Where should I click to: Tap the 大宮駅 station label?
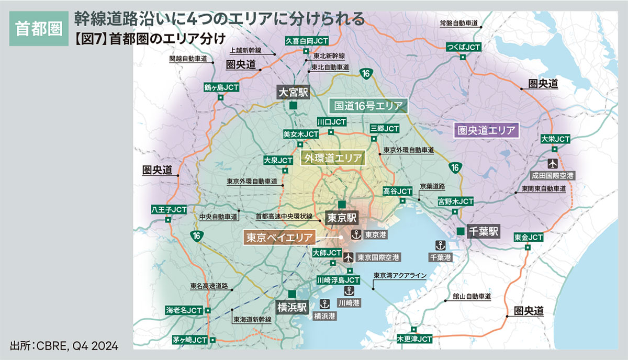click(293, 93)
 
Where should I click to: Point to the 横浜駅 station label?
click(292, 306)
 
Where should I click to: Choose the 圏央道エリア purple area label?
click(486, 130)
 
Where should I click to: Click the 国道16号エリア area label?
click(368, 106)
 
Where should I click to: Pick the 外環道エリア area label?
click(332, 157)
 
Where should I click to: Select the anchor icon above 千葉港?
click(440, 244)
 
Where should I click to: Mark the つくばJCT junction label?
click(463, 47)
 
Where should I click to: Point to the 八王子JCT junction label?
click(169, 209)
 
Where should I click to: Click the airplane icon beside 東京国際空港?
click(348, 257)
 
